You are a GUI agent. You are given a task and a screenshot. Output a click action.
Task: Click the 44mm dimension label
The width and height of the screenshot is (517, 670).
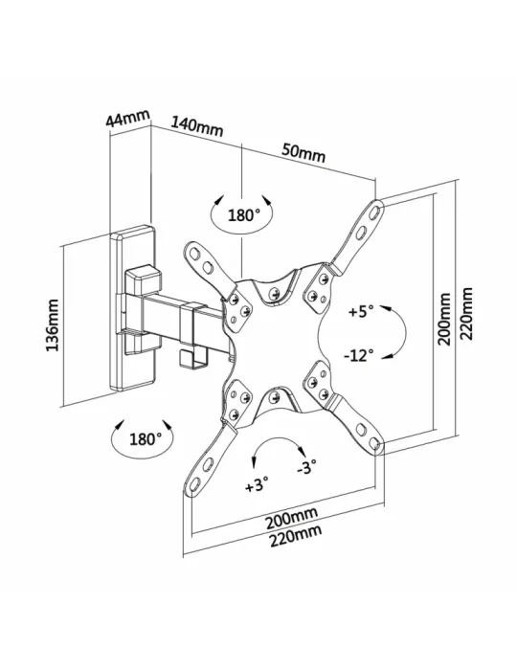click(127, 118)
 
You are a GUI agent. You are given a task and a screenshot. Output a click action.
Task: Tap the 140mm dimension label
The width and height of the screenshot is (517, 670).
click(197, 125)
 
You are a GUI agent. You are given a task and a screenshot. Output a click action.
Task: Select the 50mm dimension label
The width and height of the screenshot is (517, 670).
click(303, 153)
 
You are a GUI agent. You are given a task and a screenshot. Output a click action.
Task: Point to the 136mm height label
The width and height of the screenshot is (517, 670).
click(53, 325)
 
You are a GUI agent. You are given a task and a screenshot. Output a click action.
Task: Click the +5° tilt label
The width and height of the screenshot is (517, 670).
click(361, 311)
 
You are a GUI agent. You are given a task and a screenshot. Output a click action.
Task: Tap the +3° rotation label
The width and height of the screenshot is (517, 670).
click(257, 485)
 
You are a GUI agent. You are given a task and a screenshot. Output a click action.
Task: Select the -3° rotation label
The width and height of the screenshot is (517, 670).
click(306, 467)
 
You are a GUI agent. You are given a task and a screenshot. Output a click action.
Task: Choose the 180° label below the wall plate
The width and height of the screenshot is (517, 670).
click(146, 438)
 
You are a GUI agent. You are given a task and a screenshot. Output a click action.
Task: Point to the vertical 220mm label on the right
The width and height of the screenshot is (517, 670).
click(466, 314)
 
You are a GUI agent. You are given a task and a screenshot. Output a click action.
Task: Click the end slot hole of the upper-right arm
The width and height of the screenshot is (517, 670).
click(375, 212)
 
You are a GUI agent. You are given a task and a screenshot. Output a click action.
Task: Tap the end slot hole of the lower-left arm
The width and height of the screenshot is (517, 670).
click(193, 484)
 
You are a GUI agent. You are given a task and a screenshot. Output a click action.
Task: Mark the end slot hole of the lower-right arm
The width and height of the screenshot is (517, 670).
click(374, 442)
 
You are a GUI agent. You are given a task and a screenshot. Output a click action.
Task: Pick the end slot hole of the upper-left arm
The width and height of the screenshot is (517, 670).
click(194, 254)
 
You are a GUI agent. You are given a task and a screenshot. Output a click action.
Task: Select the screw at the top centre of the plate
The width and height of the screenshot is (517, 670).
click(274, 294)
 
